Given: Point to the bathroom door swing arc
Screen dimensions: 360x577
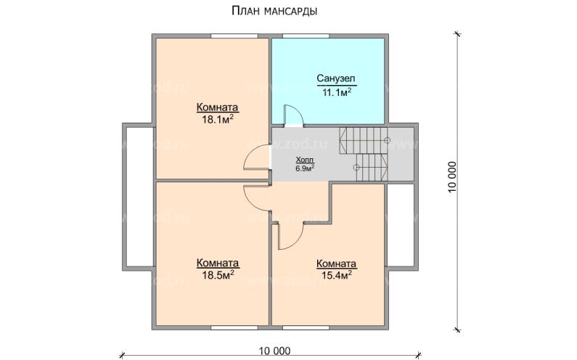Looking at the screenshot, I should [x=292, y=117].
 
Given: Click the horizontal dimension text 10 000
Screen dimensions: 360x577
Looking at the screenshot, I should [x=274, y=351].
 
